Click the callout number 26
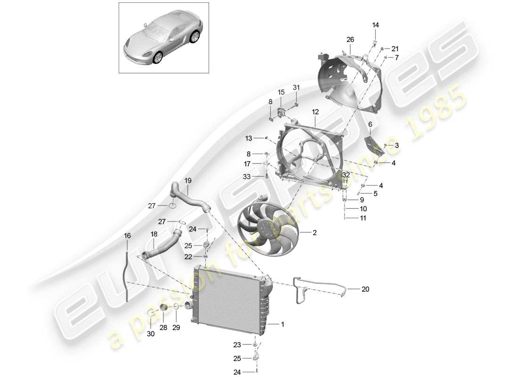(350, 40)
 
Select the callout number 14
(376, 25)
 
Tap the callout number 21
(395, 49)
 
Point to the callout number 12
(315, 112)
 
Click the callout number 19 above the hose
(188, 180)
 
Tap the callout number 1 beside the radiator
(283, 324)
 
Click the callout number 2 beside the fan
(315, 232)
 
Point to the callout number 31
(296, 87)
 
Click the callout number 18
(154, 234)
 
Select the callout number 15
(281, 92)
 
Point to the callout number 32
(346, 175)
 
